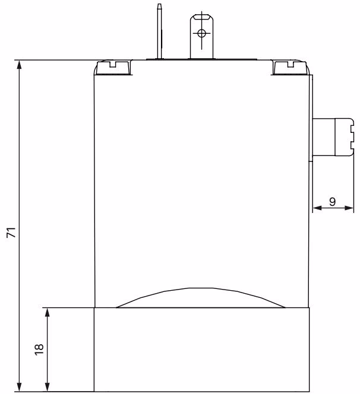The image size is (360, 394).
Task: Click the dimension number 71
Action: (x=11, y=232)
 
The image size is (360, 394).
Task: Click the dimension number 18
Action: (x=39, y=349)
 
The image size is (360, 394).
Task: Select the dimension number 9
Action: (x=332, y=201)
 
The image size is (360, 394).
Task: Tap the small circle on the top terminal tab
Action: (x=201, y=33)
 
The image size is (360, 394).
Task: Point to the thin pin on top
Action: (x=159, y=31)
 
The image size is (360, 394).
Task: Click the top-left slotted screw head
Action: (x=113, y=68)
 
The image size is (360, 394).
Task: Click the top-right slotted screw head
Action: (x=290, y=68)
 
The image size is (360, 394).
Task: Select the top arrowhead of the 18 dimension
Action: (x=47, y=313)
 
